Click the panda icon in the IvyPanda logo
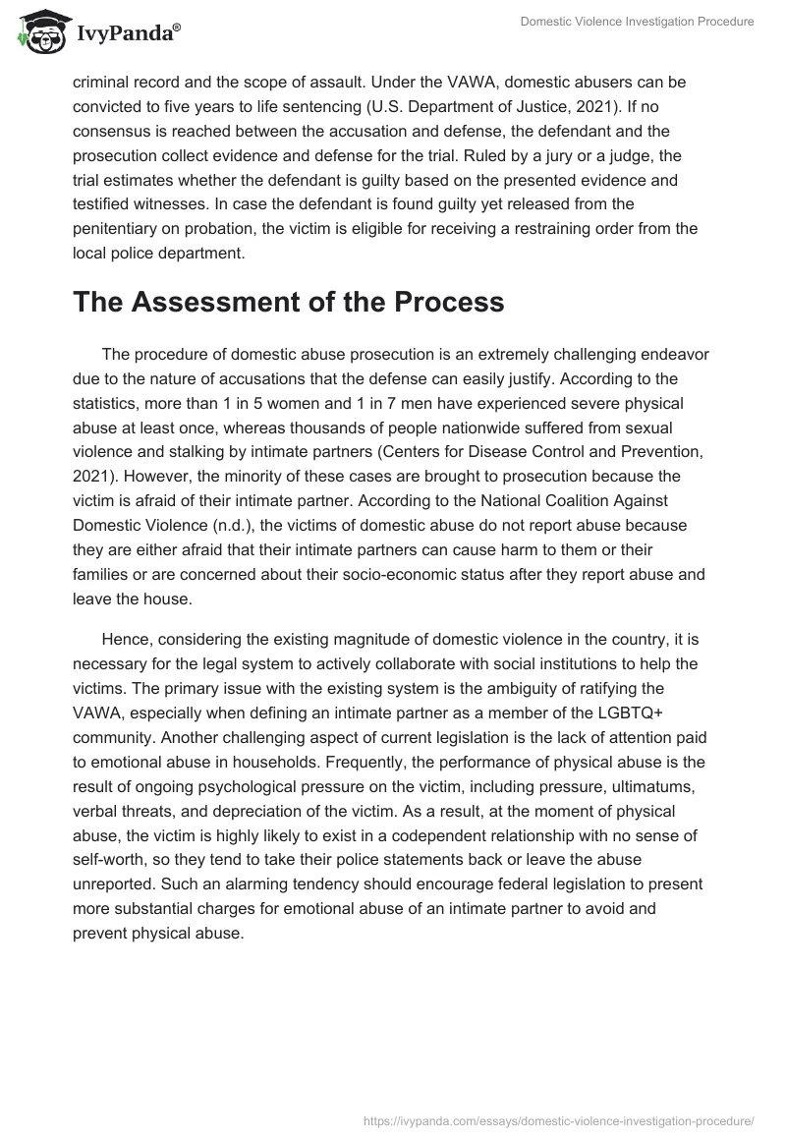[x=37, y=31]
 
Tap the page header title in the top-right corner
[x=637, y=22]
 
